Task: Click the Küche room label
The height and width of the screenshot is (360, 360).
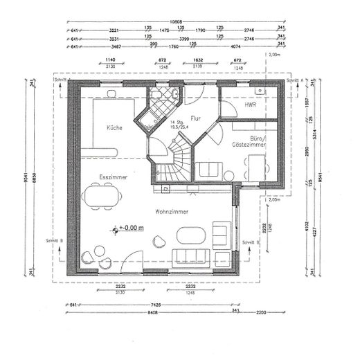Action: pos(115,128)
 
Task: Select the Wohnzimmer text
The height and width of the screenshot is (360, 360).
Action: pos(172,211)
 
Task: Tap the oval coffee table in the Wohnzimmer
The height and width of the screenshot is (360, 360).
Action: pos(191,236)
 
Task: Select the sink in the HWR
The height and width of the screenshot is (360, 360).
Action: pos(259,91)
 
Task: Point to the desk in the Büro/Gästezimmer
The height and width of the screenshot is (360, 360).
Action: pos(257,166)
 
